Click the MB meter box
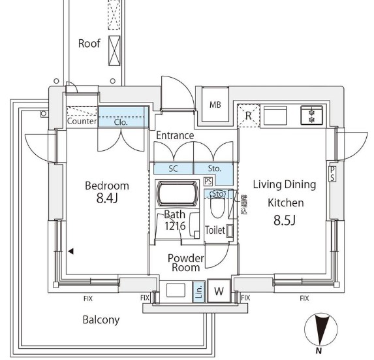click(214, 105)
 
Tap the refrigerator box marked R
click(248, 116)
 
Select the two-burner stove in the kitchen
click(311, 116)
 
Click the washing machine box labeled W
click(219, 292)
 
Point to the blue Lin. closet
click(198, 292)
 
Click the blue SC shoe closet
click(173, 168)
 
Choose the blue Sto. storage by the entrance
click(215, 168)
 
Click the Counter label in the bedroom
click(82, 121)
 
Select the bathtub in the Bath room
click(177, 194)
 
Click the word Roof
click(89, 44)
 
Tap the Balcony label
click(101, 319)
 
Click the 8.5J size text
click(284, 220)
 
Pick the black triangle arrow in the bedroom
click(70, 251)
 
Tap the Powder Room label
click(185, 263)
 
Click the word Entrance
click(174, 135)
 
